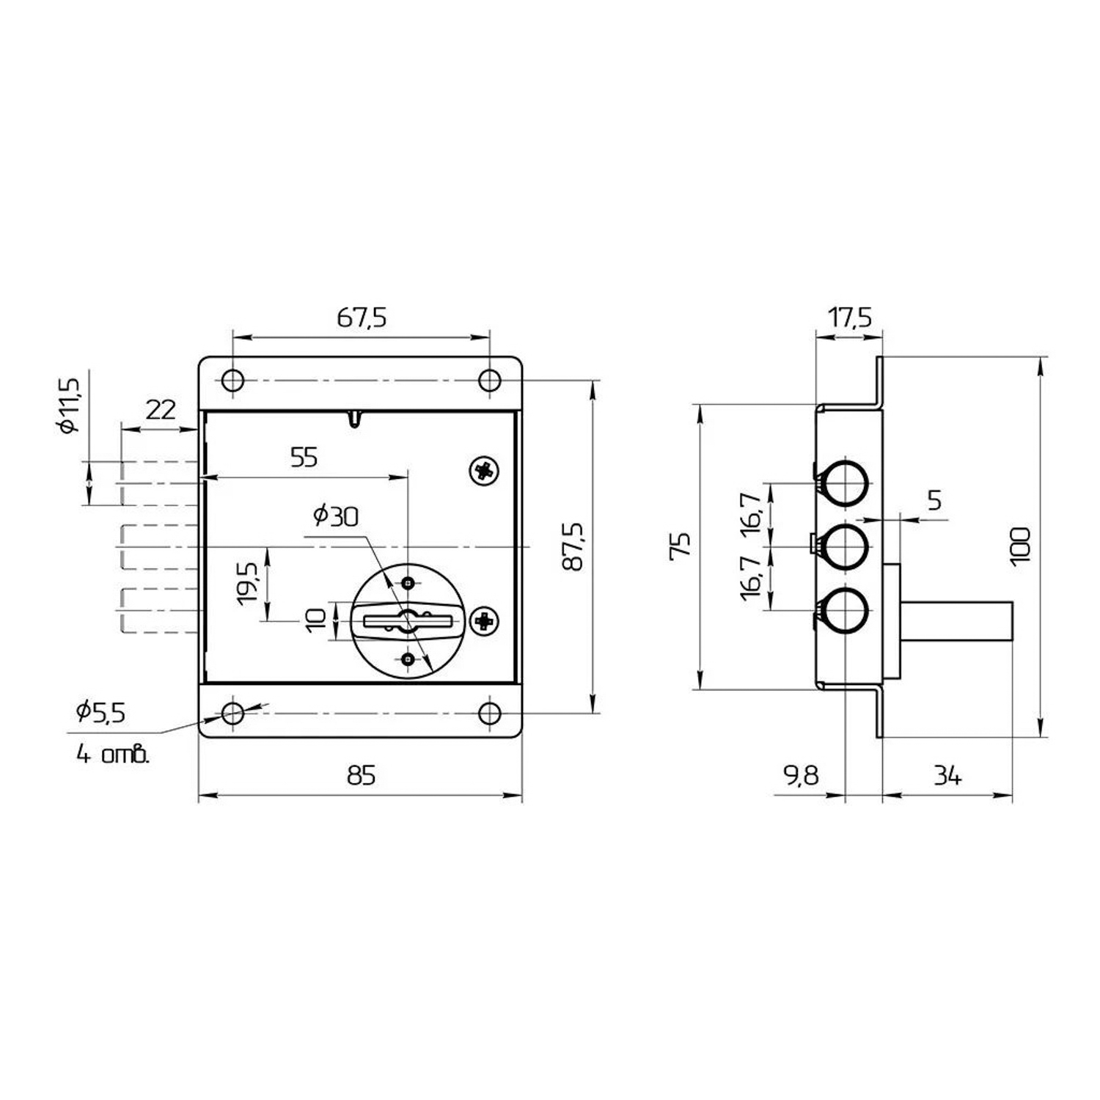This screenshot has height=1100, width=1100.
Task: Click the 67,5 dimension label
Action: pyautogui.click(x=361, y=318)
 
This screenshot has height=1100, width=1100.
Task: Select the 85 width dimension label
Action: pyautogui.click(x=361, y=775)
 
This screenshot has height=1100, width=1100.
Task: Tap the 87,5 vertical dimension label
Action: pyautogui.click(x=572, y=546)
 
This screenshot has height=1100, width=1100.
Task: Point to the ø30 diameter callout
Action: pyautogui.click(x=336, y=516)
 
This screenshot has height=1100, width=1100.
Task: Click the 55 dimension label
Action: pyautogui.click(x=304, y=458)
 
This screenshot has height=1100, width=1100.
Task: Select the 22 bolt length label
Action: pyautogui.click(x=161, y=409)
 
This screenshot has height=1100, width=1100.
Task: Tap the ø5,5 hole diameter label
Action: pyautogui.click(x=100, y=711)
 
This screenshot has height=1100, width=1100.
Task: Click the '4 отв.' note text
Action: pyautogui.click(x=113, y=754)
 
